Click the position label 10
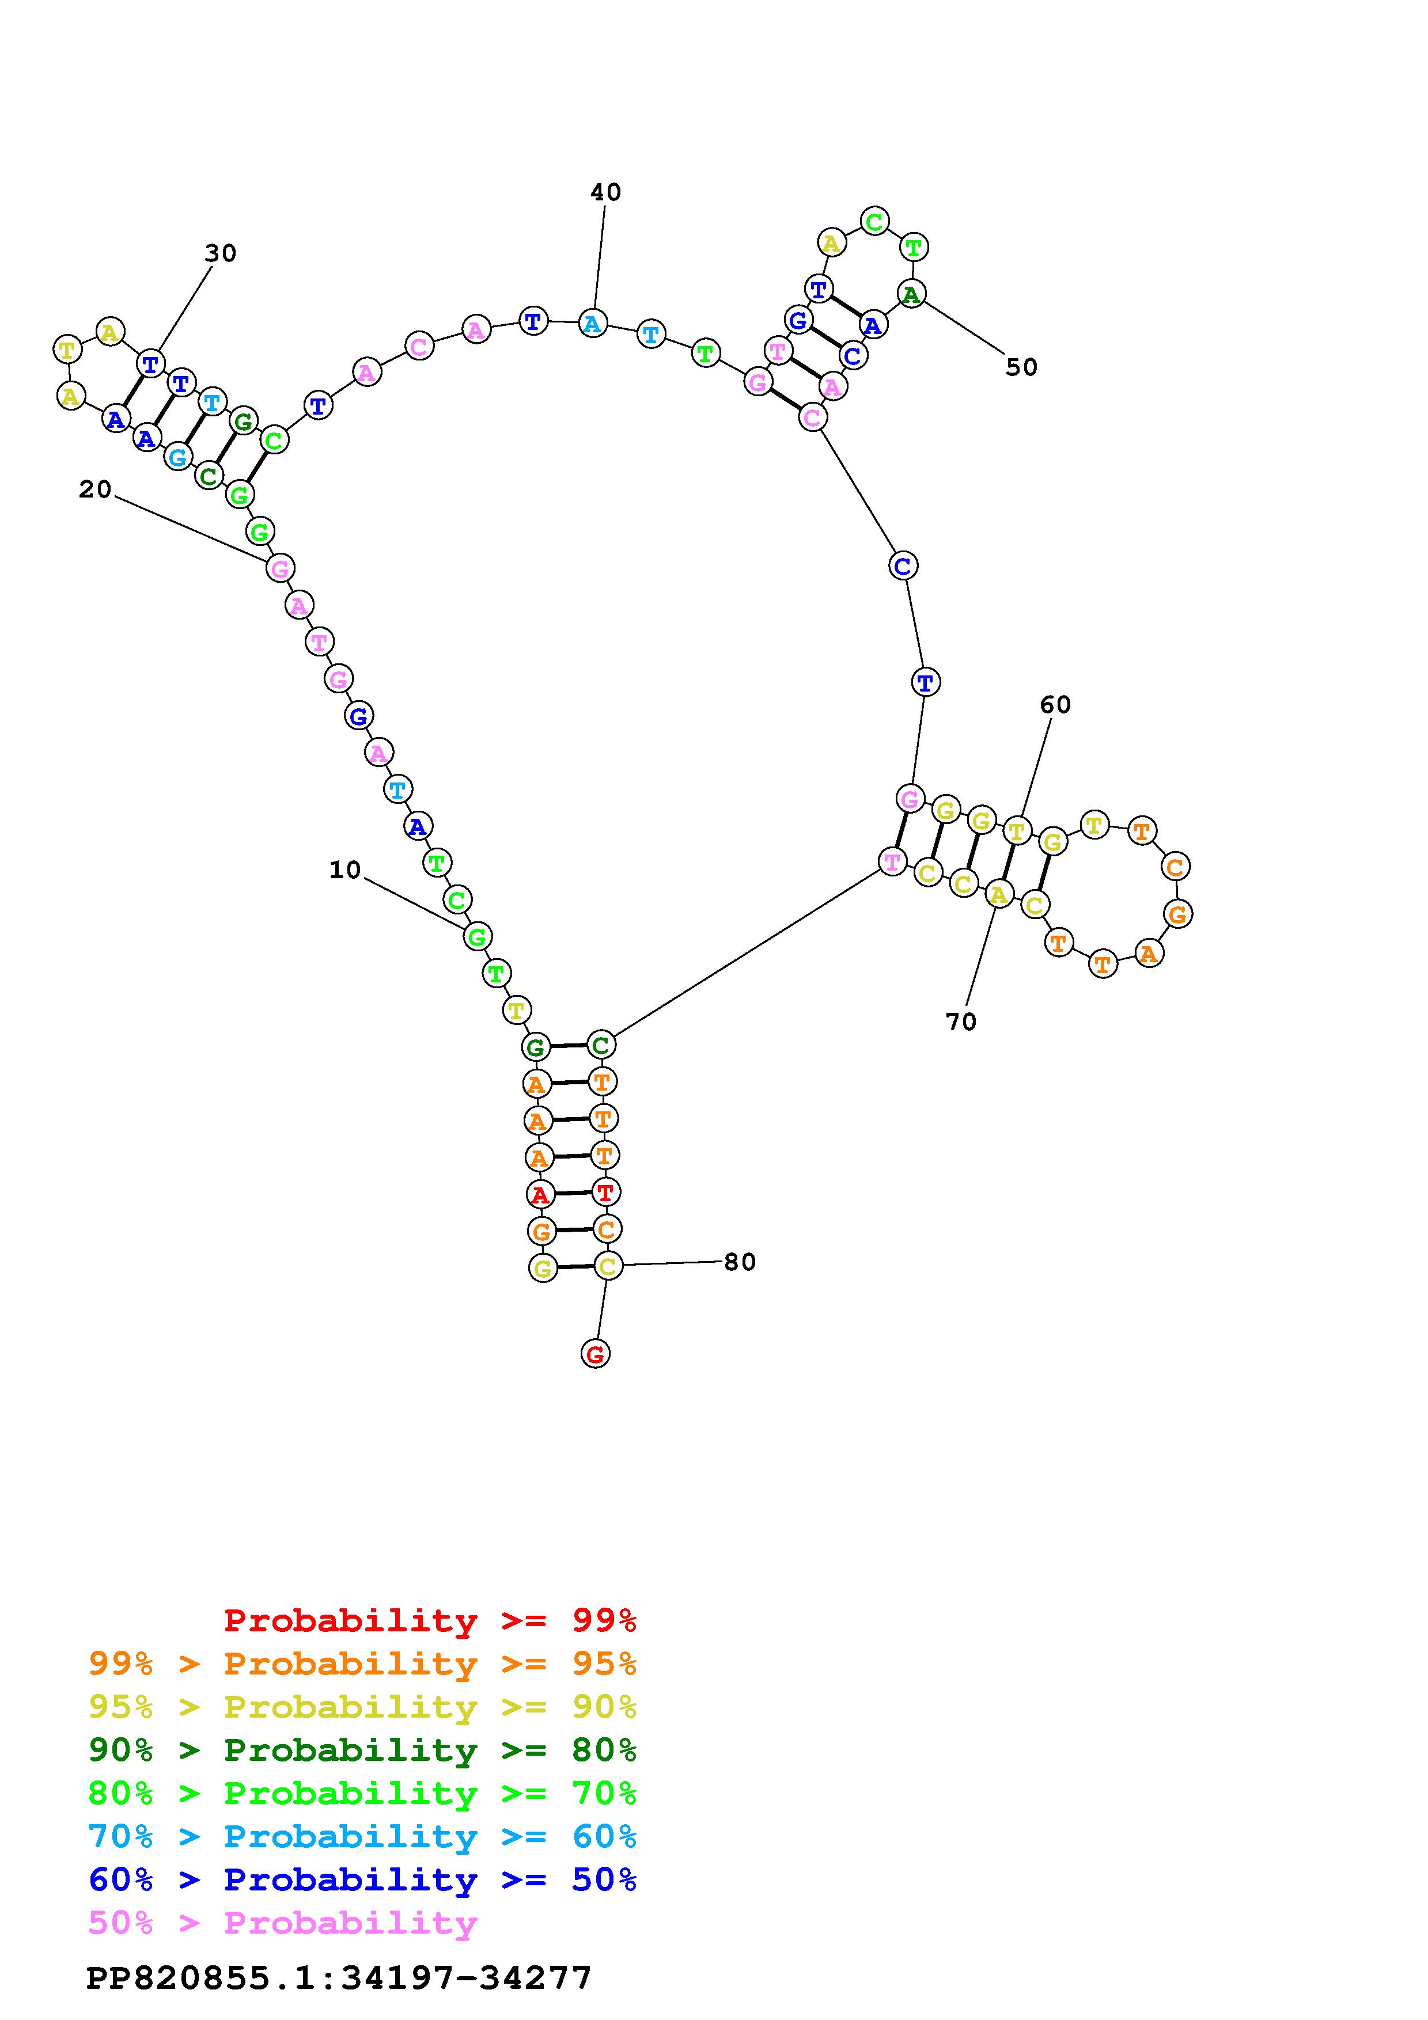[345, 870]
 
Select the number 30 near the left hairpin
[220, 253]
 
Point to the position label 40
[605, 192]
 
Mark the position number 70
[961, 1022]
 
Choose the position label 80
[740, 1262]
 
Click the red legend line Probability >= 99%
[430, 1620]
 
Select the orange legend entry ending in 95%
[362, 1664]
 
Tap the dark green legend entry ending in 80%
[362, 1750]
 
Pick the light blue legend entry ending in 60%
[362, 1836]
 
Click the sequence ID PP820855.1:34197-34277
[339, 1978]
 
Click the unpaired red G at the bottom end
[596, 1354]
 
